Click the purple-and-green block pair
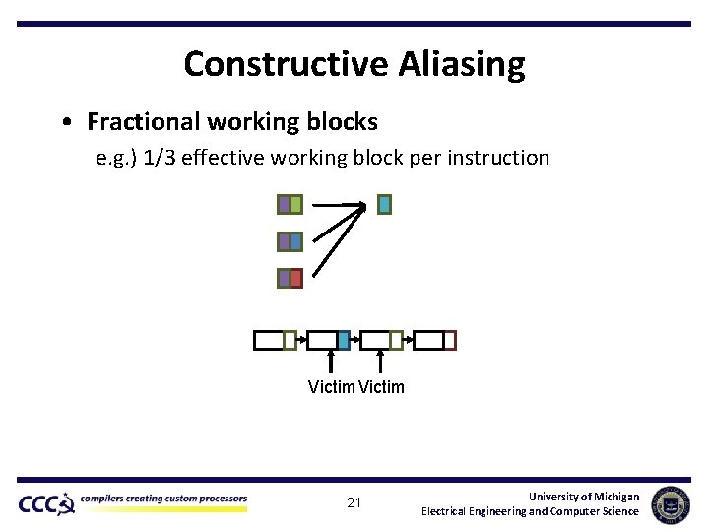290,205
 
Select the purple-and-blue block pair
290,241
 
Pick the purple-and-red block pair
290,279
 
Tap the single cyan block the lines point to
384,205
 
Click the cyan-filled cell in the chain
343,341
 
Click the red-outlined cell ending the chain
450,341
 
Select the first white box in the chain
268,341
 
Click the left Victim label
331,387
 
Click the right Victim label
381,387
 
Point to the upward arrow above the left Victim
330,361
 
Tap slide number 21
354,503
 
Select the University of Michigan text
583,497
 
